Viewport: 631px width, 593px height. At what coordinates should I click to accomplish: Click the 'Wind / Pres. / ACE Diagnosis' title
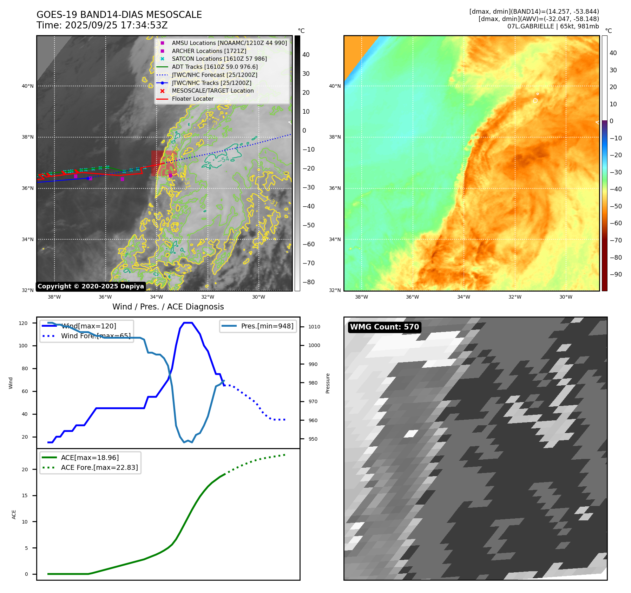tap(168, 307)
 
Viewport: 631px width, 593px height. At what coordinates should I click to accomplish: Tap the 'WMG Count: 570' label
tap(384, 327)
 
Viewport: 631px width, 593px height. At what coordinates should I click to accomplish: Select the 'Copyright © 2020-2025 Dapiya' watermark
tap(91, 286)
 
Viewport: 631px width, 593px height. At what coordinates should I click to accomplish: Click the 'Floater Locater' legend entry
tap(192, 99)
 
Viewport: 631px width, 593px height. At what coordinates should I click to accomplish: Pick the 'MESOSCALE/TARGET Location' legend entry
tap(212, 91)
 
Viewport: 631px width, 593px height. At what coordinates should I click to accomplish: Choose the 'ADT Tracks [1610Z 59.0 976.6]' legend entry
tap(215, 67)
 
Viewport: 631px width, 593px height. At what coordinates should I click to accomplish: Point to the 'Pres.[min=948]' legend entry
tap(267, 326)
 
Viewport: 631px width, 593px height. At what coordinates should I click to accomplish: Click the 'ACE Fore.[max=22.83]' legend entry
tap(99, 467)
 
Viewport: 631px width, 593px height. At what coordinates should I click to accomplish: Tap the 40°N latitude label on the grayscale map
tap(28, 86)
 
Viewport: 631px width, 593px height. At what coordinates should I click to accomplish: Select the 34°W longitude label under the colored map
tap(464, 297)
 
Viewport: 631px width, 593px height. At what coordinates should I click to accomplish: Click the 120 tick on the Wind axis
tap(23, 323)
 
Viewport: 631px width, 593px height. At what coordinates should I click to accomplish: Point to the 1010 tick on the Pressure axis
tap(314, 327)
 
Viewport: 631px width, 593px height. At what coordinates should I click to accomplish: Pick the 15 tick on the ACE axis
tap(25, 495)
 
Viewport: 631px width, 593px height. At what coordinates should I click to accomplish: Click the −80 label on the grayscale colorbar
tap(309, 282)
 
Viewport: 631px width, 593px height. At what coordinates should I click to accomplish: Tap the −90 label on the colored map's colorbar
tap(616, 274)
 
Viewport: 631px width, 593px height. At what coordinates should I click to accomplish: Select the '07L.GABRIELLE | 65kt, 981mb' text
tap(553, 26)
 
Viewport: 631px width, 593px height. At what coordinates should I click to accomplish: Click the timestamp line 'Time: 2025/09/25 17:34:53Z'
tap(102, 25)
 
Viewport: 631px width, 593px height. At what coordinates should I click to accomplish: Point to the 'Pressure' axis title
tap(328, 383)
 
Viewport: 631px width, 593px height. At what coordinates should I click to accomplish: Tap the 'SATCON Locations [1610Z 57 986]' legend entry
tap(219, 59)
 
